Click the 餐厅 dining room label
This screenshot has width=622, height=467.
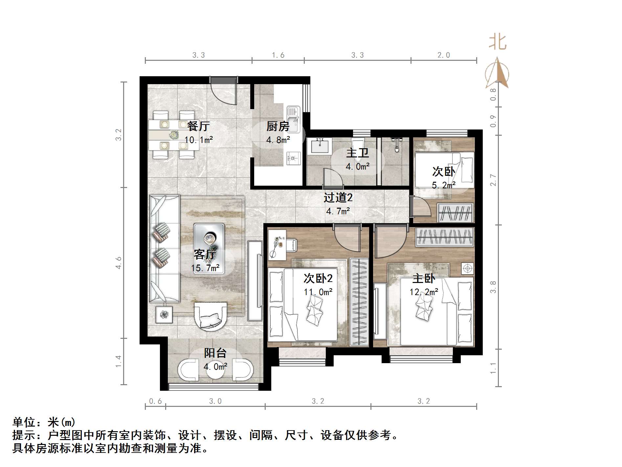pos(198,126)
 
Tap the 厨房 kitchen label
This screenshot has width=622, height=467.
pos(278,126)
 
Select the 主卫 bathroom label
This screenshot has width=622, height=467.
pos(357,153)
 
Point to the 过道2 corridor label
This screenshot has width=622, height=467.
pos(338,198)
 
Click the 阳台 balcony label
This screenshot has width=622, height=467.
pos(215,353)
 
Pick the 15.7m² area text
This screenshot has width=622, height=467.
pos(205,268)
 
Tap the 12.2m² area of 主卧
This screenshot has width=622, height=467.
pos(424,292)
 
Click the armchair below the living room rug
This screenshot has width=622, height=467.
pos(211,315)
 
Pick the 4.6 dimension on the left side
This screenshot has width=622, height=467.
pos(119,263)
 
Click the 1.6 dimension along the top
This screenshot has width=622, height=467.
pos(278,55)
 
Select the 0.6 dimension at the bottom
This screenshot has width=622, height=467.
pos(155,401)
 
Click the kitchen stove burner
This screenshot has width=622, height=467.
pos(293,158)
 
